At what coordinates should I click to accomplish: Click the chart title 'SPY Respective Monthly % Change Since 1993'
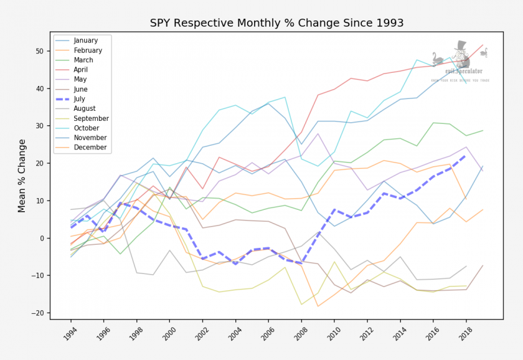pyautogui.click(x=276, y=23)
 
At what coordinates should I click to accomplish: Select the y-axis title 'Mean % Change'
pyautogui.click(x=22, y=176)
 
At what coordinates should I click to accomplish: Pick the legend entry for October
pyautogui.click(x=87, y=128)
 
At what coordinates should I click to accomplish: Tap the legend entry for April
pyautogui.click(x=82, y=70)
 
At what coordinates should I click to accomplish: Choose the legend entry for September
pyautogui.click(x=91, y=118)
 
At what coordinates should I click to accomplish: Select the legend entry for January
pyautogui.click(x=85, y=40)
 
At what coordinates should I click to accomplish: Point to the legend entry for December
pyautogui.click(x=90, y=148)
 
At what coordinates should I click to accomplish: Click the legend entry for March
pyautogui.click(x=83, y=60)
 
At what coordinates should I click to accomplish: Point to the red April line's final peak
pyautogui.click(x=483, y=45)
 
